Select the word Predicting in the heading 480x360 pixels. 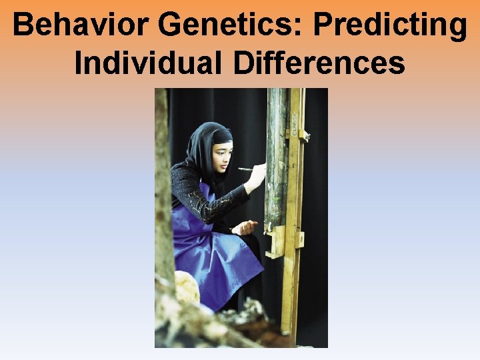(x=391, y=25)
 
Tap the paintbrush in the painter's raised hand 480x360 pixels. (x=246, y=169)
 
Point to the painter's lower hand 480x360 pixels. (x=246, y=227)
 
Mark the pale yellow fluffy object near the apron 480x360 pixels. (x=186, y=288)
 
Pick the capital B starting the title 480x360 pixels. (x=23, y=25)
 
